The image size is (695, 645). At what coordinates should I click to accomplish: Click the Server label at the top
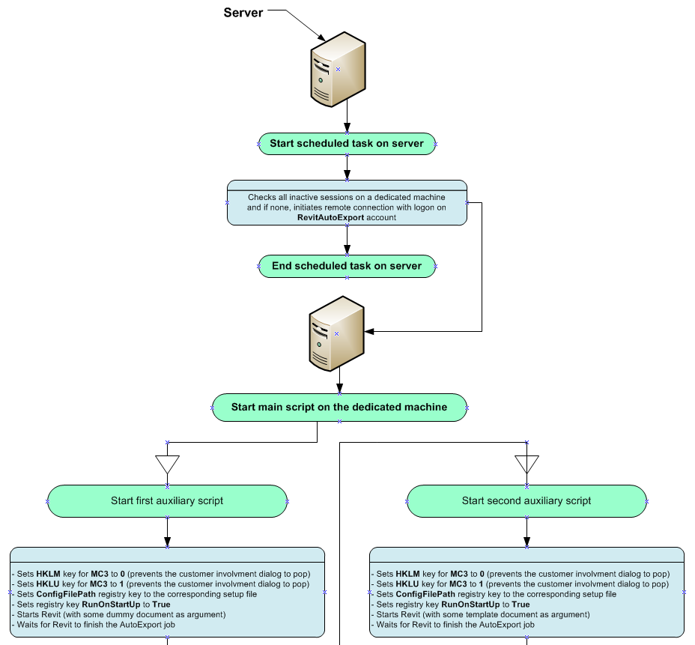(x=243, y=13)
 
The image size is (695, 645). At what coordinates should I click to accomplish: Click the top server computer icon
(x=339, y=69)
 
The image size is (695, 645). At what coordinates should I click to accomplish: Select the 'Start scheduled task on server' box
(x=347, y=143)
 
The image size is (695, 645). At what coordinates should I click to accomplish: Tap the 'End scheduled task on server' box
(x=347, y=266)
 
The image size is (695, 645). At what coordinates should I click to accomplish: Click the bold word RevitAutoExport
(x=331, y=217)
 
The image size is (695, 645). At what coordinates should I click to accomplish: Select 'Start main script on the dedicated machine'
(x=339, y=408)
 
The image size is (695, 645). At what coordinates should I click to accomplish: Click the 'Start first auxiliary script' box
(x=167, y=500)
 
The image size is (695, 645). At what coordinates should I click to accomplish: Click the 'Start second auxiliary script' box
(x=526, y=500)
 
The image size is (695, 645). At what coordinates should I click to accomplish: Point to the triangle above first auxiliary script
(x=167, y=464)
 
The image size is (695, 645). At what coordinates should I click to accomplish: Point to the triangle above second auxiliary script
(x=526, y=464)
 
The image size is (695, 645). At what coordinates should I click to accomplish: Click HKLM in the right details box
(x=408, y=574)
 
